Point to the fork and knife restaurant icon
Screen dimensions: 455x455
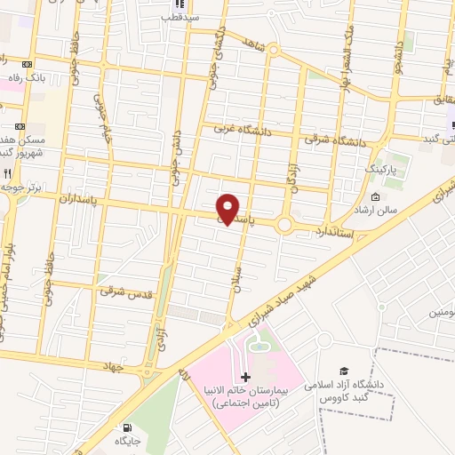[8, 174]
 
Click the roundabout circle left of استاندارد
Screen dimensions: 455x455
[284, 226]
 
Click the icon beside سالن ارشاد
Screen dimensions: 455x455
[375, 197]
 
